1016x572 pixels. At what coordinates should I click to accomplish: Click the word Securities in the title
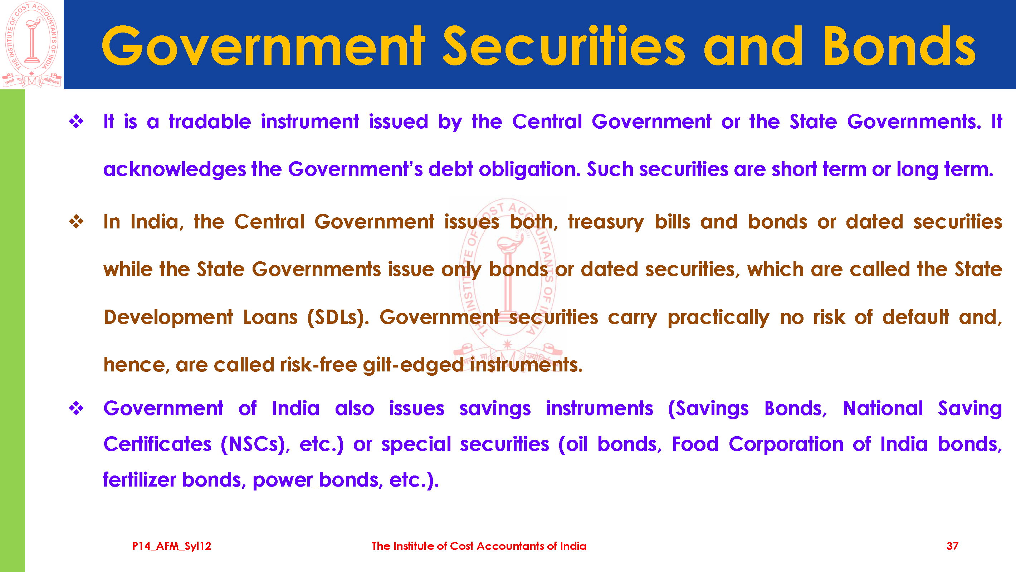point(565,46)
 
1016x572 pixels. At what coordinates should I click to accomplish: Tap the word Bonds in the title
point(899,46)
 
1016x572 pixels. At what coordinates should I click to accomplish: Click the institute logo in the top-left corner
point(31,44)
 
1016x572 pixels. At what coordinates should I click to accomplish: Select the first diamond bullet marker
point(76,122)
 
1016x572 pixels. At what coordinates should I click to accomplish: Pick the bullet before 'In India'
point(76,222)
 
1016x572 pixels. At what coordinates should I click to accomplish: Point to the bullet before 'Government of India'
point(76,408)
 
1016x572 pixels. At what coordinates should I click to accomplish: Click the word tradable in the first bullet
point(210,122)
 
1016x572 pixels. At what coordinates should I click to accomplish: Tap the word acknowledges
point(175,169)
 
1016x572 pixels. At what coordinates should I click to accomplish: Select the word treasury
point(606,222)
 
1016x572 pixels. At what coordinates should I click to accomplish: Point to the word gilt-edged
point(413,365)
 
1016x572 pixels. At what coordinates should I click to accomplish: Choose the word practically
point(718,318)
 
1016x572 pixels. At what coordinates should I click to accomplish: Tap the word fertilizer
point(140,480)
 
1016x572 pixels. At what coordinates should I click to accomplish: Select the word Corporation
point(786,444)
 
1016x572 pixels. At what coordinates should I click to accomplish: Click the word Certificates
point(157,444)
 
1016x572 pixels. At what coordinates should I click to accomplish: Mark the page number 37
point(952,546)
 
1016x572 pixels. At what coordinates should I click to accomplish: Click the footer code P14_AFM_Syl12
point(172,546)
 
